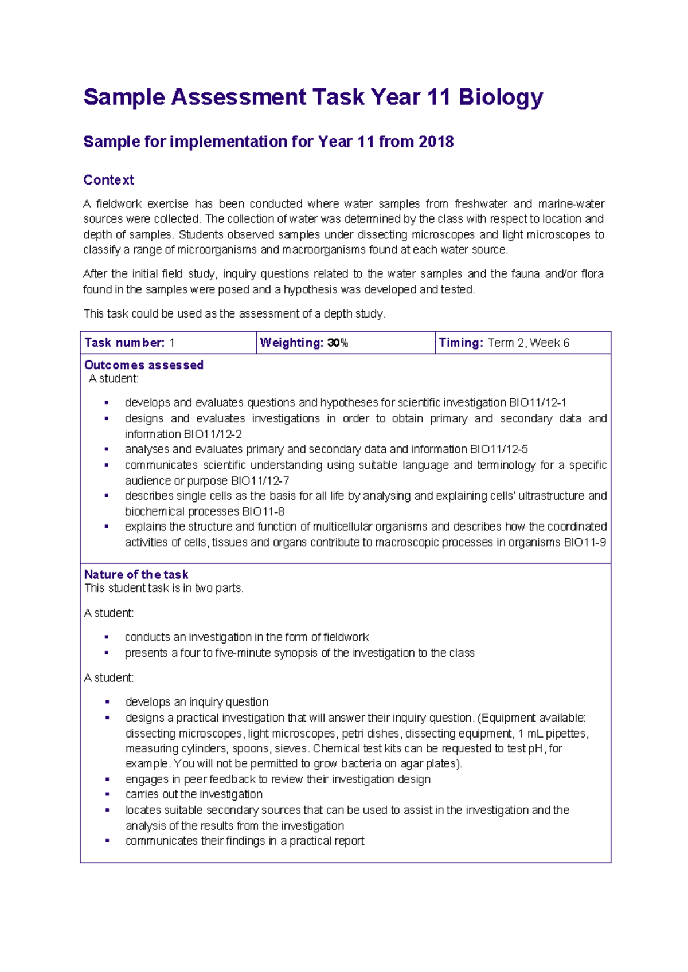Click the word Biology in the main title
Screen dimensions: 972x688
(500, 97)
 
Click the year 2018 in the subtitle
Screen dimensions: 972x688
(436, 142)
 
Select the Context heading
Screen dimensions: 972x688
(108, 180)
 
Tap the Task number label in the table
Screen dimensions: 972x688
(124, 343)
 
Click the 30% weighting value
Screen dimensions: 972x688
(338, 343)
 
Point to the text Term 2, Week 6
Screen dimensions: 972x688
(528, 343)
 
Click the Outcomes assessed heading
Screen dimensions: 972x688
(143, 365)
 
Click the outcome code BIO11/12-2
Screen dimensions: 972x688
(212, 434)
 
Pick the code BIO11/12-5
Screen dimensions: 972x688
(498, 449)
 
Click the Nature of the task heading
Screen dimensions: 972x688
(136, 574)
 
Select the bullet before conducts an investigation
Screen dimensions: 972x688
(107, 637)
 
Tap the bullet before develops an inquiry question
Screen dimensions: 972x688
(107, 702)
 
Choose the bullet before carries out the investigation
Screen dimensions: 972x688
(107, 794)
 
